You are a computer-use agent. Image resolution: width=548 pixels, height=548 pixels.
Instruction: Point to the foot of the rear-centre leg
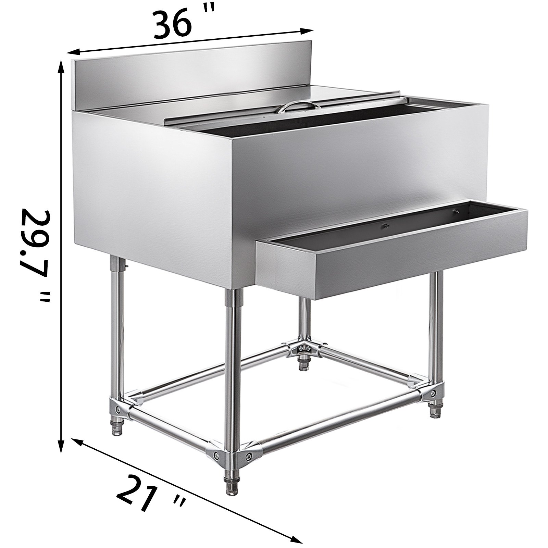pos(303,364)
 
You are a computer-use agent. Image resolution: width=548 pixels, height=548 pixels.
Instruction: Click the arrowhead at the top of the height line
pos(62,65)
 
